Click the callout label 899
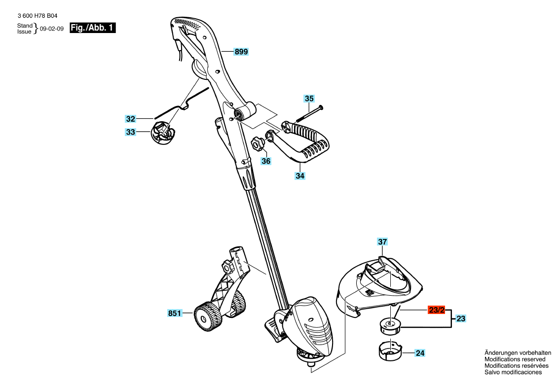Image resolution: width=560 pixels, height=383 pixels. pos(241,52)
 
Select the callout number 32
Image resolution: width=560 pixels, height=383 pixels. pos(131,119)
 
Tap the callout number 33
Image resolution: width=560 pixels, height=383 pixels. pos(131,132)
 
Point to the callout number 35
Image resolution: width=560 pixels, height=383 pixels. pos(309,99)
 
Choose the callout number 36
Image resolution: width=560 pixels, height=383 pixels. pos(266,161)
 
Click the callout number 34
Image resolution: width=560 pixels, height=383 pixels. pos(300,175)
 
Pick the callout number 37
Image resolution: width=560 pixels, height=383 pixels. pos(382,242)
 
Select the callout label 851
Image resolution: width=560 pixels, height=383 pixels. pos(175,313)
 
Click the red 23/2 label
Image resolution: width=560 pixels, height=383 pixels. pos(437,310)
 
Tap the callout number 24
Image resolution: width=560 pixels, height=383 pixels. pos(420,353)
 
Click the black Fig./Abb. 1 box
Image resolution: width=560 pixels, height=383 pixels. pos(92,28)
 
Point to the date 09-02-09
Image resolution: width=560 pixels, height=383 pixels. pos(52,29)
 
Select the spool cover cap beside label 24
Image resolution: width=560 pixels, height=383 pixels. pos(390,350)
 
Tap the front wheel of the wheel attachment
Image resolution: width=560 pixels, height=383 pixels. pos(205,316)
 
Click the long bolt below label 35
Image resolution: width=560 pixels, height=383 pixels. pos(309,113)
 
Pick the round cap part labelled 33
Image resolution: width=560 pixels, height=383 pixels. pos(163,133)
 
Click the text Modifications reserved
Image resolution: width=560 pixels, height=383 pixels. pos(515,359)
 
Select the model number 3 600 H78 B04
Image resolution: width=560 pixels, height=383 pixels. pos(37,16)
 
